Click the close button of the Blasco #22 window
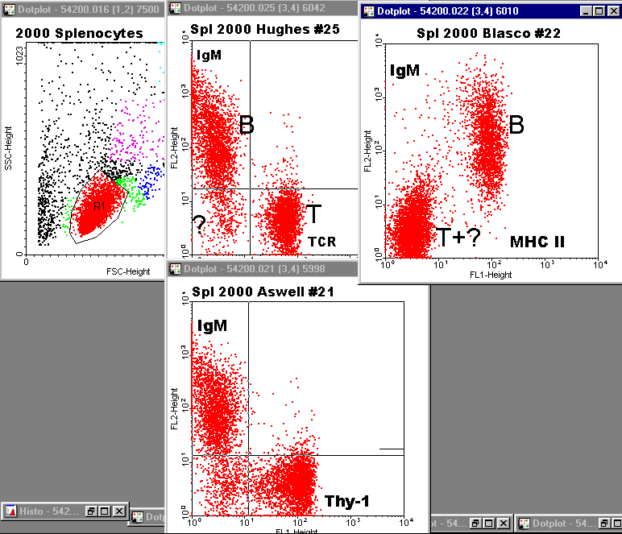click(610, 12)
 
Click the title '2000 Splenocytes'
click(79, 34)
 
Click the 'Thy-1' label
click(347, 502)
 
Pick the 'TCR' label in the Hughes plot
click(321, 242)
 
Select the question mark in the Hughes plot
click(198, 221)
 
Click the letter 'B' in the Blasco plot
click(516, 125)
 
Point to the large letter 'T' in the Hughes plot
click(313, 214)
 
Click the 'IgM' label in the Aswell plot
click(212, 325)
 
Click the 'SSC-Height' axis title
click(8, 152)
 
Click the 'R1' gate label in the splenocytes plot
click(99, 207)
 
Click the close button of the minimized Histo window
click(119, 511)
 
